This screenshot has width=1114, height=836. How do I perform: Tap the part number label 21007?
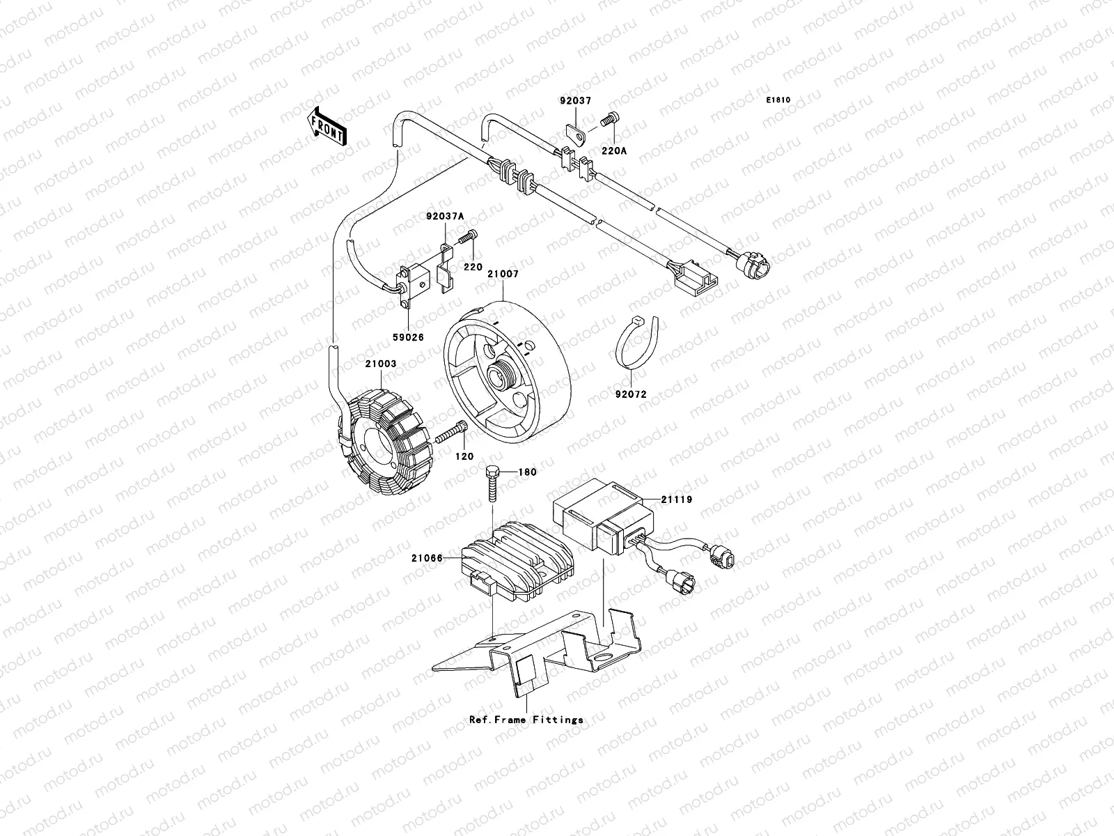(x=503, y=274)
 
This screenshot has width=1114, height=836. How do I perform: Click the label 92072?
(x=630, y=394)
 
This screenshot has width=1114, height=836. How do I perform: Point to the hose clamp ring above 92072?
(x=635, y=343)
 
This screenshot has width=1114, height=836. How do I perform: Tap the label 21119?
(x=677, y=500)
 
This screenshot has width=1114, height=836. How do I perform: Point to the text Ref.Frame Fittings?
(x=526, y=720)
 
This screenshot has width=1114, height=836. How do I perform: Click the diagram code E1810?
(x=778, y=100)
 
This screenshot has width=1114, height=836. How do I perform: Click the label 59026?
(x=408, y=336)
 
